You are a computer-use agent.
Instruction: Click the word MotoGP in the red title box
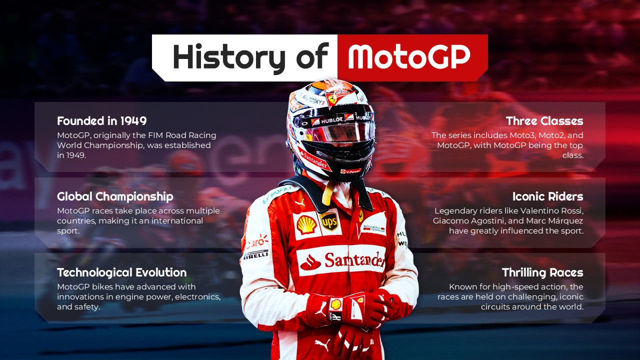(x=409, y=56)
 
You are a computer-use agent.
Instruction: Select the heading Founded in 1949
(x=101, y=121)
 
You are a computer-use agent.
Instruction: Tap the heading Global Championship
(x=115, y=196)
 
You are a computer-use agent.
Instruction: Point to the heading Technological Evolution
(x=121, y=272)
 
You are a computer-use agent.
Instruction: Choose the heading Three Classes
(x=544, y=121)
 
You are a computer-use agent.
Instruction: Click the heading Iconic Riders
(x=547, y=196)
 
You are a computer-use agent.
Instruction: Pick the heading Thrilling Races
(x=542, y=272)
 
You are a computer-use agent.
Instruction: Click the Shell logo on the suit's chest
(x=306, y=225)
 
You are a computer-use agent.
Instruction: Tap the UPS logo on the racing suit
(x=329, y=221)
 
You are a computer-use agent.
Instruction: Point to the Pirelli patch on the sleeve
(x=256, y=254)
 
